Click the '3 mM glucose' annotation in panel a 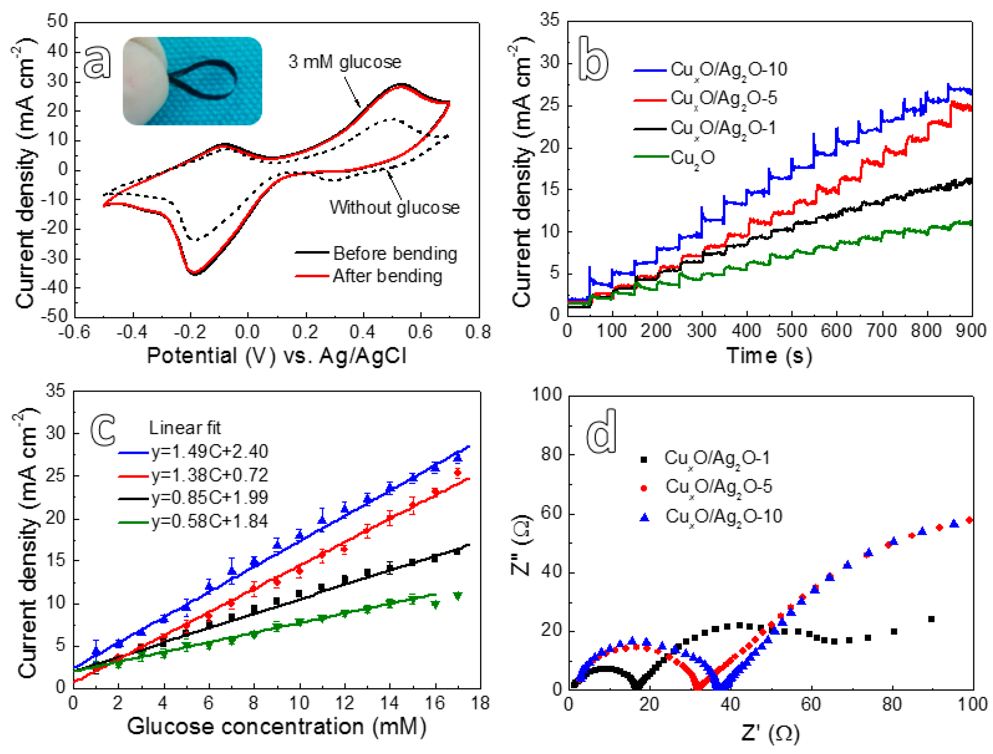coord(345,62)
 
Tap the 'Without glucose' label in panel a coord(395,207)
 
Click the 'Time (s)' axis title coord(769,356)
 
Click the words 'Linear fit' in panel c coord(185,428)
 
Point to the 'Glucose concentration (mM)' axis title coord(277,726)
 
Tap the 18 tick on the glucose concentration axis coord(480,703)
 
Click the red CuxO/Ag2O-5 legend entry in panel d coord(718,487)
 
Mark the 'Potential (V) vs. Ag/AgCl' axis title coord(277,356)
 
